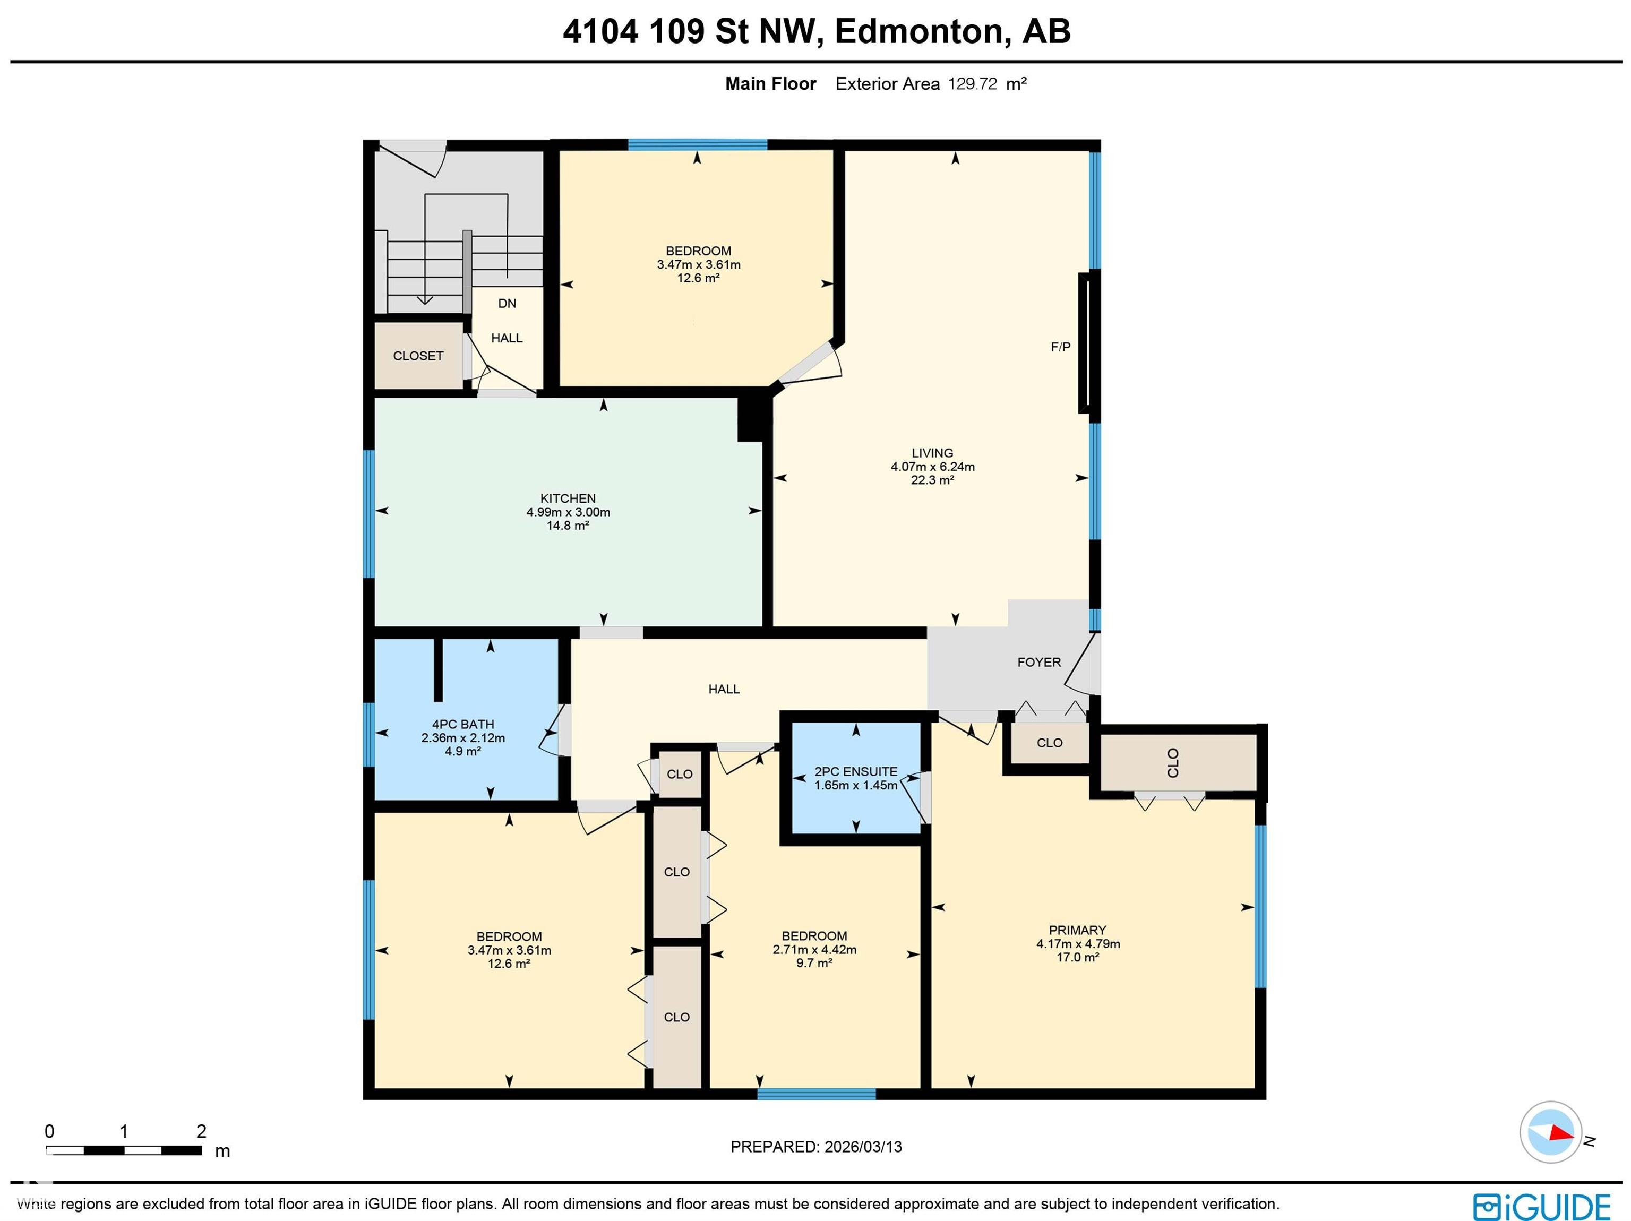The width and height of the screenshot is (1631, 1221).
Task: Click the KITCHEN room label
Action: click(x=568, y=498)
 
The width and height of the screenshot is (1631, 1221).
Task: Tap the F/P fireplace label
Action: click(x=1060, y=347)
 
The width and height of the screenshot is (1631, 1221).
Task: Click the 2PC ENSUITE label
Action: click(x=855, y=772)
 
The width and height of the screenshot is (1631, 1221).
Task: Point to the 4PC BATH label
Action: click(x=463, y=725)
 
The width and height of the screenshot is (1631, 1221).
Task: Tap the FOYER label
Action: click(x=1039, y=662)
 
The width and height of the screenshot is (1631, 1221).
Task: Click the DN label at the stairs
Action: click(x=507, y=304)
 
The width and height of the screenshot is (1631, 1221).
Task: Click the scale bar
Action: click(x=124, y=1150)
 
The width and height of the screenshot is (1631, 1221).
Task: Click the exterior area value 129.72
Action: click(x=972, y=84)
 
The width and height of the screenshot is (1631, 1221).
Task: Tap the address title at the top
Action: click(x=816, y=31)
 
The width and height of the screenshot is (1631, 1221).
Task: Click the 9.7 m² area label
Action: click(x=814, y=963)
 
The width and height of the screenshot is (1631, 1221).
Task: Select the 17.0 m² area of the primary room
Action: click(x=1077, y=957)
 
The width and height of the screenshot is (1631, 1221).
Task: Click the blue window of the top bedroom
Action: click(x=698, y=144)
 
